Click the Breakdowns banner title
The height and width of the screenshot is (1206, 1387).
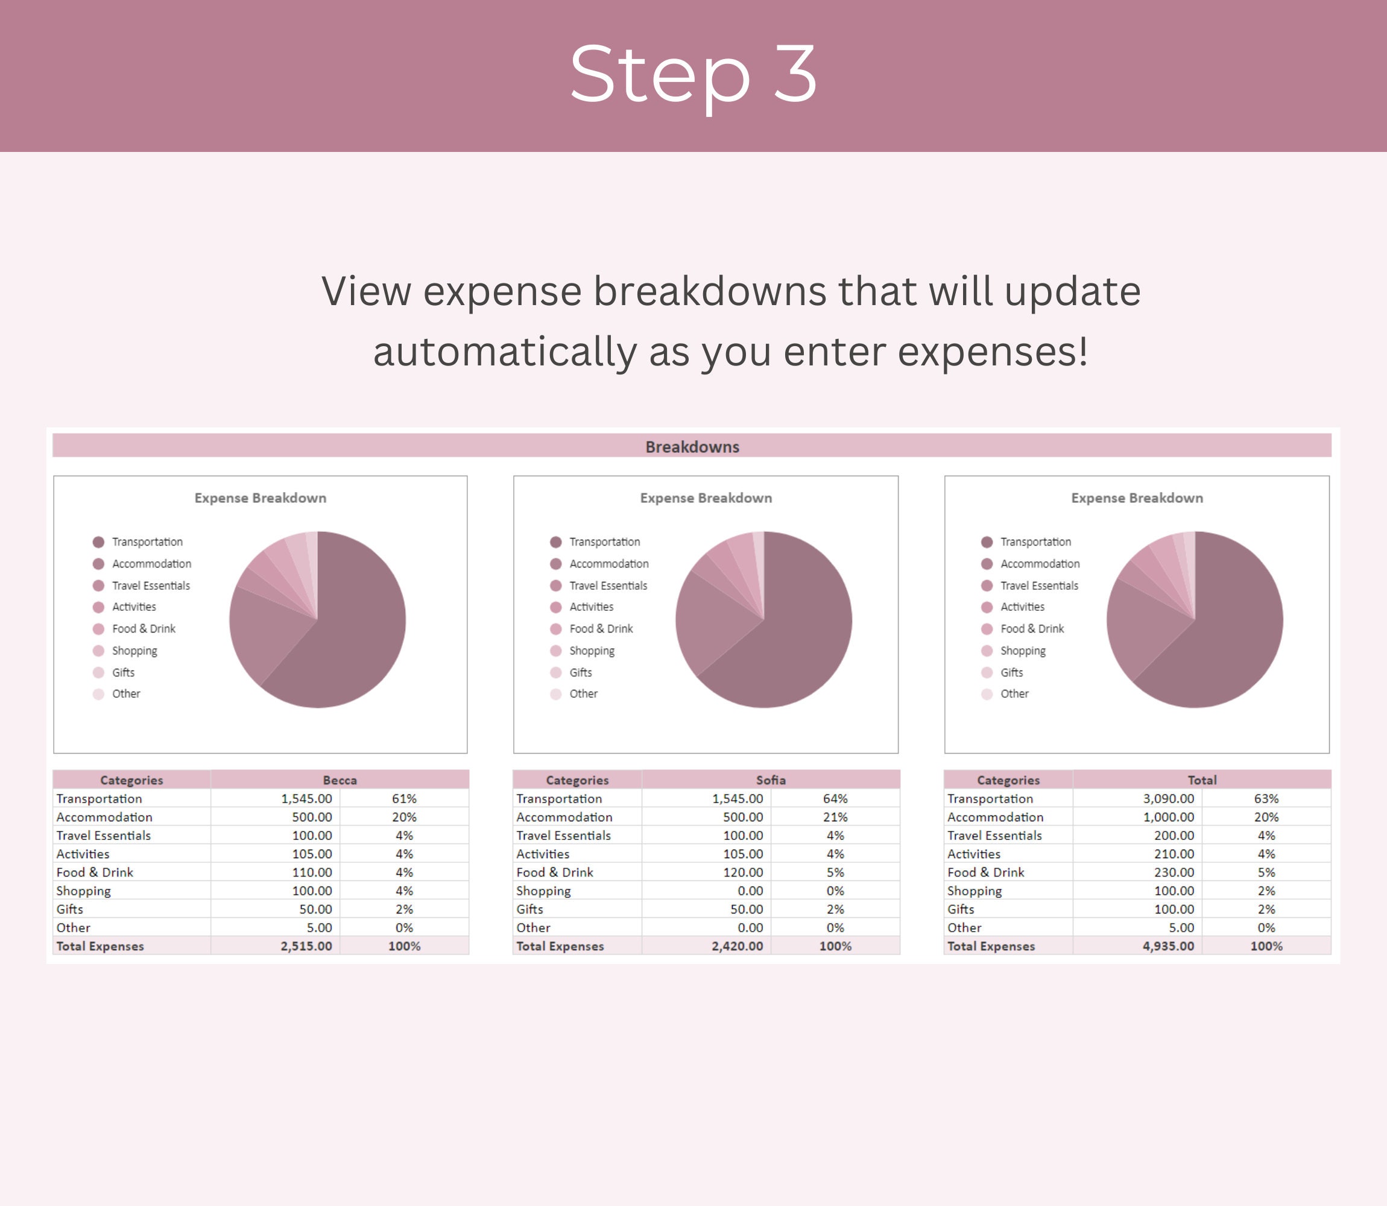(692, 447)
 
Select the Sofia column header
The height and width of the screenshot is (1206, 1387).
(771, 780)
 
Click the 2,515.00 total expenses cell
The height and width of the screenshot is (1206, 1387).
(306, 946)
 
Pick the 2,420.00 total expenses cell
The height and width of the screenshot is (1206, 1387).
(737, 946)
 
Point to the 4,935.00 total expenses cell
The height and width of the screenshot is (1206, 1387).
(1167, 946)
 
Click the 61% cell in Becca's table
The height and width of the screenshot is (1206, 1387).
(404, 799)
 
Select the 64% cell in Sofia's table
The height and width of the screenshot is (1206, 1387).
(835, 799)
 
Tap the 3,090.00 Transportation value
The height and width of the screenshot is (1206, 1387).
(1168, 799)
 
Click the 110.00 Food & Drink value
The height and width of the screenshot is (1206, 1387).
(312, 872)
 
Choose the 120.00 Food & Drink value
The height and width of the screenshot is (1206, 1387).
(743, 872)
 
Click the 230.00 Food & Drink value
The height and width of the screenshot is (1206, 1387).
(1174, 872)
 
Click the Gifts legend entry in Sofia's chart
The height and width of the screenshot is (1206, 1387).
(580, 672)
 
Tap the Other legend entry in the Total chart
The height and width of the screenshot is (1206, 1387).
(1014, 694)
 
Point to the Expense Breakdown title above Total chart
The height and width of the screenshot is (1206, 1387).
(1137, 498)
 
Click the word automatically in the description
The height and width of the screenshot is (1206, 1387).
(504, 352)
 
